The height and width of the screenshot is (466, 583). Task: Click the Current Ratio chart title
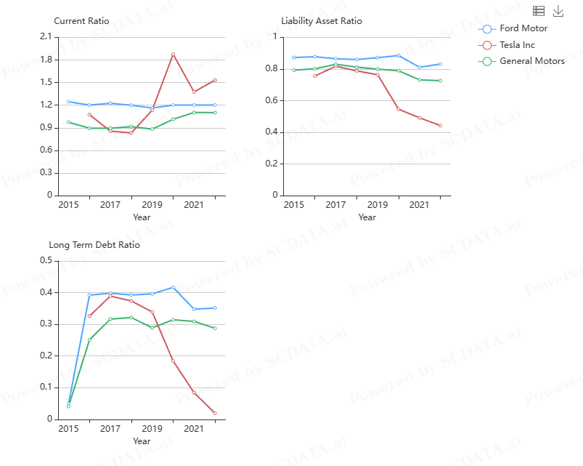point(81,21)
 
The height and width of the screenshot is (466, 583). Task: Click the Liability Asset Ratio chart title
point(321,21)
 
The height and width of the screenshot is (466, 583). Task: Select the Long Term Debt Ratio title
point(94,245)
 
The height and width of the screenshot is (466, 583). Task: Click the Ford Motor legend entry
point(523,28)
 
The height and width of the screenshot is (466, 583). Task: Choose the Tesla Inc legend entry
point(517,45)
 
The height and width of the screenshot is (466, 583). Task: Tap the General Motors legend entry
point(531,61)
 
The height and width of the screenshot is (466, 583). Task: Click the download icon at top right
point(558,11)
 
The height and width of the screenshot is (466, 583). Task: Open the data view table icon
point(539,11)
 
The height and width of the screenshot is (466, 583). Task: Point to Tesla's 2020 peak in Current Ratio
point(173,54)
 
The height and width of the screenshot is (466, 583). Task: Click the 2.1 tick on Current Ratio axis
point(46,36)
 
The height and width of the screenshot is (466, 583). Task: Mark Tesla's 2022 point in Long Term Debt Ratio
point(215,413)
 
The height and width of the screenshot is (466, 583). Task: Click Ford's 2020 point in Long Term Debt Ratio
point(173,287)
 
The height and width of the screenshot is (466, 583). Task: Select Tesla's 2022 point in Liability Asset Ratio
point(440,126)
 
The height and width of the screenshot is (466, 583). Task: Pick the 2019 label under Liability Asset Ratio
point(378,205)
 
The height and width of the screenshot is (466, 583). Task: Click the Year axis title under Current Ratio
point(142,217)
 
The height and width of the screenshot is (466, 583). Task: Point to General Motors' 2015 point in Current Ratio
point(68,122)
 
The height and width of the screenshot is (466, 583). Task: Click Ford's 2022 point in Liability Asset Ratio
point(440,64)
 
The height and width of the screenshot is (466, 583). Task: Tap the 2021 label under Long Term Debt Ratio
point(194,429)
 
